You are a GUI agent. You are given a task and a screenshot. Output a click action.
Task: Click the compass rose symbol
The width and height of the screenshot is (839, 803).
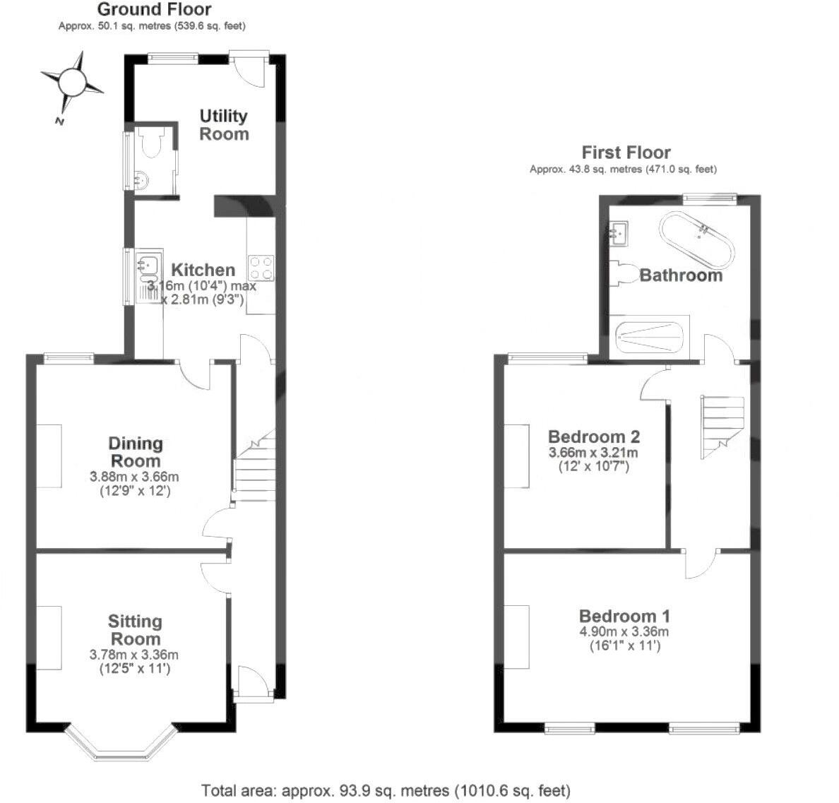[x=72, y=82]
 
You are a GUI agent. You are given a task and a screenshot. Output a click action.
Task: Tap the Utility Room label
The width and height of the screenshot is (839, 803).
[x=224, y=125]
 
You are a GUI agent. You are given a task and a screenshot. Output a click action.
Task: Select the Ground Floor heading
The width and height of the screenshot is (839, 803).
[x=154, y=9]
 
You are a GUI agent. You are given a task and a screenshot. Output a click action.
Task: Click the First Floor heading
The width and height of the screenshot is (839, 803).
[x=626, y=152]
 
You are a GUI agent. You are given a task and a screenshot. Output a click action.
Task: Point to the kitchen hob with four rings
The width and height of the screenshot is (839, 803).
[x=261, y=268]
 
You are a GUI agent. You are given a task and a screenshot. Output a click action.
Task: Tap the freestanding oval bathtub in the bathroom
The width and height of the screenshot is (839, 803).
[x=697, y=236]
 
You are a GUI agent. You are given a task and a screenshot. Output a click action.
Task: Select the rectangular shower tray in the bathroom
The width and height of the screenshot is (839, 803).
[x=649, y=340]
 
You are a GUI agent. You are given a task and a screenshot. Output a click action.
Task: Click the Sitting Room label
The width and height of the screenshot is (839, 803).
[x=135, y=630]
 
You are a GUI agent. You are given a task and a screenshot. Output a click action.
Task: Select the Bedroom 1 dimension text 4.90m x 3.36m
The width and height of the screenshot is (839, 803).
[x=624, y=632]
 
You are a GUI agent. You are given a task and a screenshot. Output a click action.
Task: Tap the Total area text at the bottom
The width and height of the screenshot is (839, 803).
[x=386, y=790]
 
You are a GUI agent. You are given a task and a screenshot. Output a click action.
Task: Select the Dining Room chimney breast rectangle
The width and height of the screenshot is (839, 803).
[x=49, y=456]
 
